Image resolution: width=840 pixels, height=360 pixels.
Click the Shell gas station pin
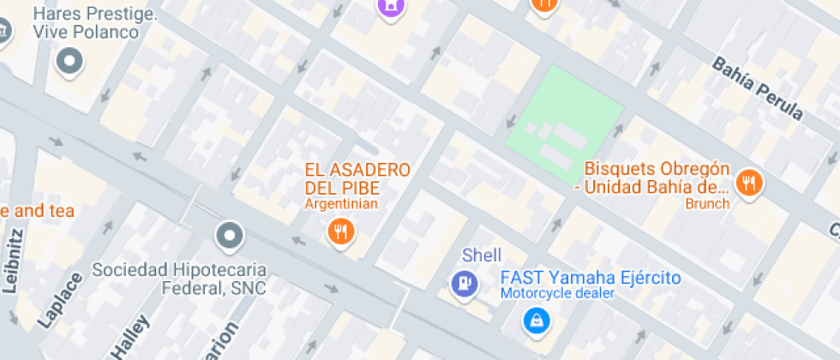coord(464,284)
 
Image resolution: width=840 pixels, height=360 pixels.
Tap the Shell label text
coord(482,255)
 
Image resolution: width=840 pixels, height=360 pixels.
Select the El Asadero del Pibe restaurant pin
coord(341,231)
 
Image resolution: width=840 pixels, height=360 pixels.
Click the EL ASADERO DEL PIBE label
coord(357,178)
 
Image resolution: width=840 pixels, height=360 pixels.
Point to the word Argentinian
coord(341,204)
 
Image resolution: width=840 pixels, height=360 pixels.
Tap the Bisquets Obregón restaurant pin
coord(750,182)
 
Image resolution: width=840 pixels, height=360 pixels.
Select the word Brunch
coord(707,204)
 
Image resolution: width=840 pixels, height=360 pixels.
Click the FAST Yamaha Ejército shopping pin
coord(536,321)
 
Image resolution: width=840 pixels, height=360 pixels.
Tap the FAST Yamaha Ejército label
coord(590,278)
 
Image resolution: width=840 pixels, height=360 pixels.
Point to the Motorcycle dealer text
coord(558,293)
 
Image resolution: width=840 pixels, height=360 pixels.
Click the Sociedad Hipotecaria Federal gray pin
coord(230,234)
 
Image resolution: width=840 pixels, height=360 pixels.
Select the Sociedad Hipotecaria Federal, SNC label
coord(179,279)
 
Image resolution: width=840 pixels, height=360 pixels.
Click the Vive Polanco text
coord(86,32)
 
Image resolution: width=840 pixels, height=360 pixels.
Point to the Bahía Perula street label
coord(758,88)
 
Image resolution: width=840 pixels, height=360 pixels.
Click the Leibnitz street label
coord(12,261)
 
